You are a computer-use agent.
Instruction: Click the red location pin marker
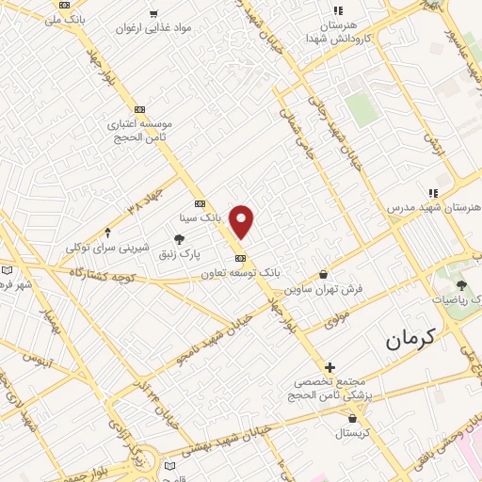click(242, 220)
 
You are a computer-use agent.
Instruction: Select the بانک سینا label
click(204, 217)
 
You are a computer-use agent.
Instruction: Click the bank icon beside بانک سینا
click(200, 203)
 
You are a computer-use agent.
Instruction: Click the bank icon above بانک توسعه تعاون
click(240, 258)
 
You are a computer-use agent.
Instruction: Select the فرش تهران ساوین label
click(324, 288)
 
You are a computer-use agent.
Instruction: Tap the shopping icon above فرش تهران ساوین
click(324, 274)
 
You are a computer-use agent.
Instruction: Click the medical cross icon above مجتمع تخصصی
click(329, 366)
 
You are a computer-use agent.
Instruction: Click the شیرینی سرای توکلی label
click(107, 247)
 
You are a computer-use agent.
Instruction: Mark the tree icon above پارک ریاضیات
click(460, 285)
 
